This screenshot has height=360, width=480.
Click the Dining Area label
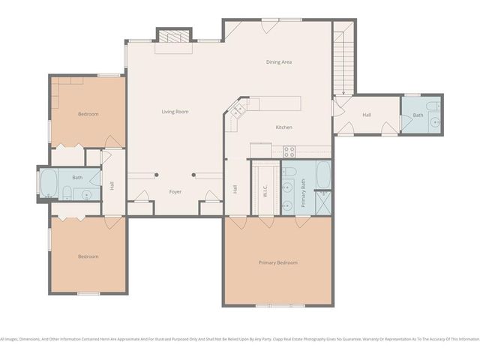click(279, 61)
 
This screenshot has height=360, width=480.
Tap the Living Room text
click(175, 112)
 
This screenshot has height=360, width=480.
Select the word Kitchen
click(283, 127)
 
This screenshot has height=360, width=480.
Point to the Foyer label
click(175, 192)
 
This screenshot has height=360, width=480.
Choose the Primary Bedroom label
click(277, 262)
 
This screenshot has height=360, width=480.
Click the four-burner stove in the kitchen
click(289, 151)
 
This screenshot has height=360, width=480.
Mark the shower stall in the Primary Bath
click(322, 203)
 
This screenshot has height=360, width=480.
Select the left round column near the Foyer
click(156, 175)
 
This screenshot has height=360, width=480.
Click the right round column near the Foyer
click(194, 175)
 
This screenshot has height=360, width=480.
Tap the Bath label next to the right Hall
click(418, 115)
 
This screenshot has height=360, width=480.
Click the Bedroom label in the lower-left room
click(88, 256)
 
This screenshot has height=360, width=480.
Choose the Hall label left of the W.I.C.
click(235, 190)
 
